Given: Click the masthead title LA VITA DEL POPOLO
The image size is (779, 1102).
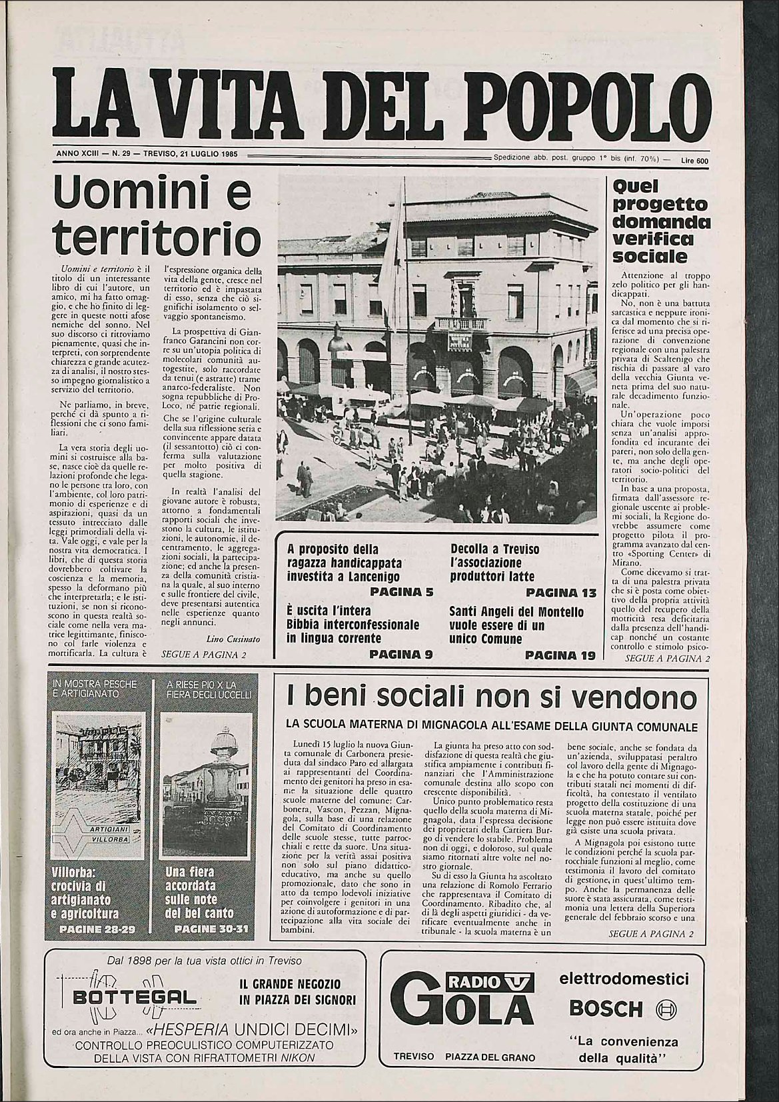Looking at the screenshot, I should point(383,101).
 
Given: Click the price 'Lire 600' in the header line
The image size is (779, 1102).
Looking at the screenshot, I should point(694,160).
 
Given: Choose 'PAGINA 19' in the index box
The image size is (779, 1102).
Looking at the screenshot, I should point(560,655).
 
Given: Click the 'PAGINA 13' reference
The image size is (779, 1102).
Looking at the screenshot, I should point(560,592).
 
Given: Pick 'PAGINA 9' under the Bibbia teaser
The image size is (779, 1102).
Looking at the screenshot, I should point(401,655).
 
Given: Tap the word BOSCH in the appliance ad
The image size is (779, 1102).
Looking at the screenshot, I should point(606,1007).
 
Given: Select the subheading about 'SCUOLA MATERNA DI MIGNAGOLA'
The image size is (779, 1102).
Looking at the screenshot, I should point(492,726).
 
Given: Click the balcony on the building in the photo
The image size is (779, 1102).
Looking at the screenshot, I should point(460,323).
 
